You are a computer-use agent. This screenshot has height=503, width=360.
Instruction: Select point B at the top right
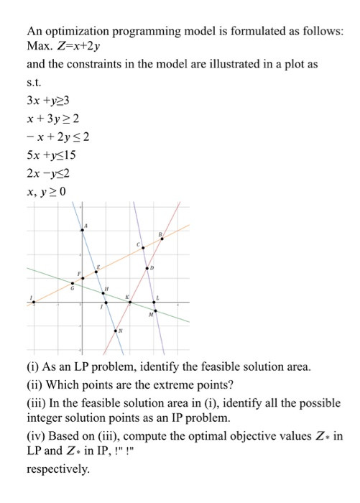(x=161, y=239)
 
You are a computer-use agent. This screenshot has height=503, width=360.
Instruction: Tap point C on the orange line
(x=142, y=248)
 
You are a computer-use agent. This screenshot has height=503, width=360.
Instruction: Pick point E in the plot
(x=96, y=273)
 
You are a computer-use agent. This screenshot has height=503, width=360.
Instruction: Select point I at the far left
(x=33, y=302)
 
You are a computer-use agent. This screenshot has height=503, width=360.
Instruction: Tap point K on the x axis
(x=129, y=303)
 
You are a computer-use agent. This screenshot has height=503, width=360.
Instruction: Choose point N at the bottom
(x=119, y=331)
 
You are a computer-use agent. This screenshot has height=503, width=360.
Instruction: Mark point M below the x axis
(x=154, y=310)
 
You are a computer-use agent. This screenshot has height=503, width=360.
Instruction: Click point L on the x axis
(x=154, y=303)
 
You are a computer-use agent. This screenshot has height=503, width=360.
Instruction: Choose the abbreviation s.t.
(x=34, y=81)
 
